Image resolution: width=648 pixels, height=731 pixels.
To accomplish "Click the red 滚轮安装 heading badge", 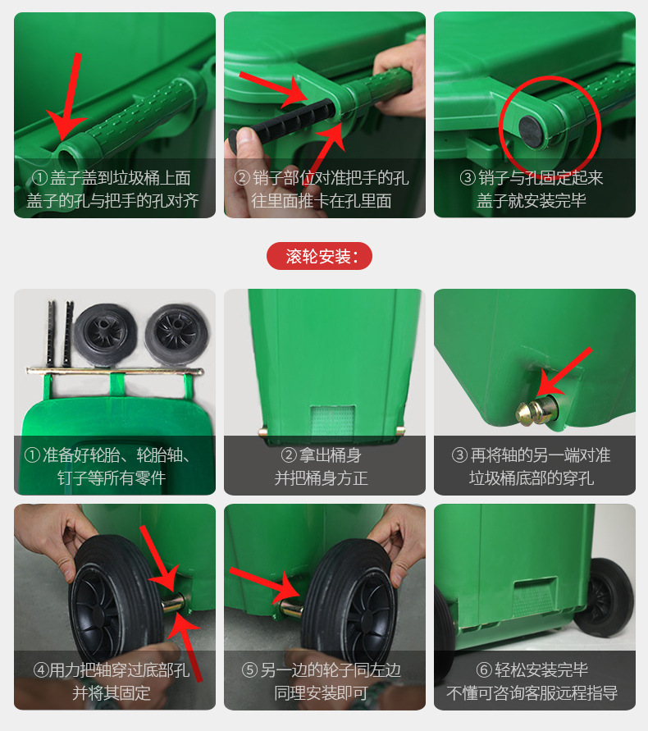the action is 319,256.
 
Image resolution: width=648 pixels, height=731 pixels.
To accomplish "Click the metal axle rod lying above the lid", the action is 115,372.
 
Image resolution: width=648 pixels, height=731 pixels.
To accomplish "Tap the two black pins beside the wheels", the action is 60,333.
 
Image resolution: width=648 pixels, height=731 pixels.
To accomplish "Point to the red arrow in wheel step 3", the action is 564,372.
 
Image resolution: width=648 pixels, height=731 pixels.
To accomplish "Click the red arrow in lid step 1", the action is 67,97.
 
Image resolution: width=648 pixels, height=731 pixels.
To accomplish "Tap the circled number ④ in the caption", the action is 40,670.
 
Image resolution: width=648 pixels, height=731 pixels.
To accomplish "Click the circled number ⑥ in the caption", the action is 484,670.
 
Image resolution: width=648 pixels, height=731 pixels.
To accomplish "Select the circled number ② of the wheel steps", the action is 289,455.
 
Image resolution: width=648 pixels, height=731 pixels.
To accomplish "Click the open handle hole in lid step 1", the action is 68,157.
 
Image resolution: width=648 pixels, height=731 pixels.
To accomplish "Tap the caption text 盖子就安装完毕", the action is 532,200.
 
